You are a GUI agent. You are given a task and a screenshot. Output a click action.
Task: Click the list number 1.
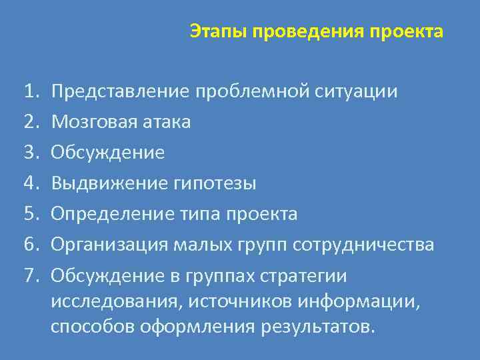click(x=30, y=91)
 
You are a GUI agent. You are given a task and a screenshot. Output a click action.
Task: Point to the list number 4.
click(x=30, y=183)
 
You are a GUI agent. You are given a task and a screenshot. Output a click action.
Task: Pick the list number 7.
click(x=30, y=275)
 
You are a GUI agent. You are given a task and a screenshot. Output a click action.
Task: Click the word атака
click(x=167, y=122)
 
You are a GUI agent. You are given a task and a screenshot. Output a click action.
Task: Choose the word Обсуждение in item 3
click(x=107, y=153)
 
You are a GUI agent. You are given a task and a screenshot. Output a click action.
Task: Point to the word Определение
click(x=109, y=214)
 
